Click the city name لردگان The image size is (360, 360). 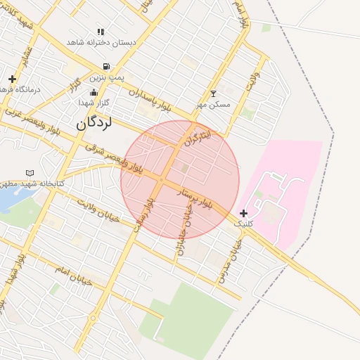(x=95, y=123)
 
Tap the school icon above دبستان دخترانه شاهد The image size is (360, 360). (x=101, y=32)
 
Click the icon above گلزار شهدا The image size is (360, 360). (x=94, y=93)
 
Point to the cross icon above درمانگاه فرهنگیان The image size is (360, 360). (x=12, y=79)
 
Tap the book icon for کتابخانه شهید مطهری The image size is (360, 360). (x=30, y=173)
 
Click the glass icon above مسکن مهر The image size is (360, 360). (x=214, y=94)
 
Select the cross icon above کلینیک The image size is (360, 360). (x=243, y=213)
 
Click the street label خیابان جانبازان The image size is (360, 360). (x=185, y=229)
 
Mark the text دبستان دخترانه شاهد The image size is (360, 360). (x=101, y=42)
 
